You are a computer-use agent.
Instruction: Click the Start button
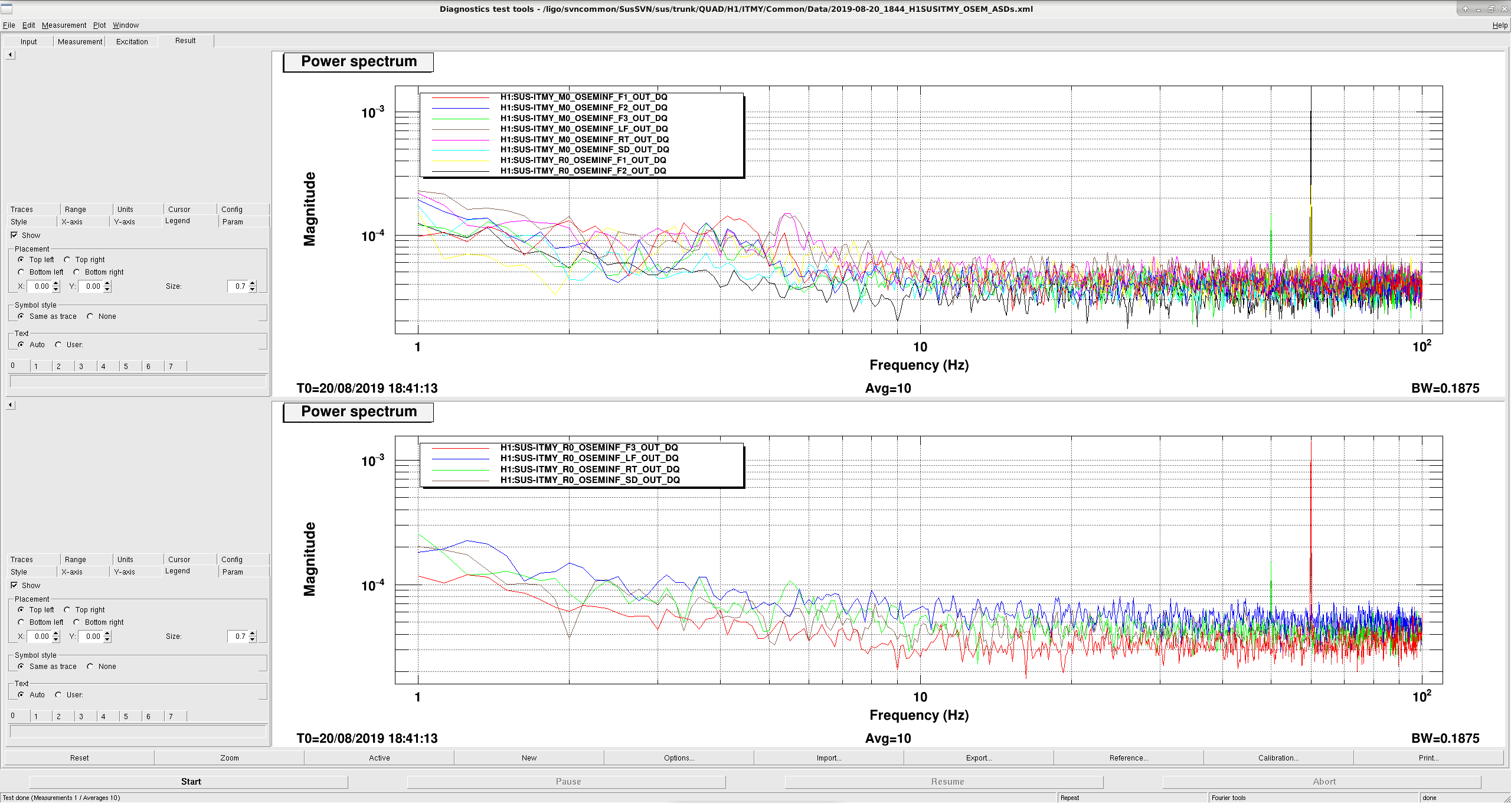coord(191,781)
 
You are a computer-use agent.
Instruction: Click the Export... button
coord(978,758)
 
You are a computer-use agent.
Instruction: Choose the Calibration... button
coord(1278,758)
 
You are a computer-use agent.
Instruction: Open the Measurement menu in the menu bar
coord(64,25)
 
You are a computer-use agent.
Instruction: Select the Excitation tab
coord(132,41)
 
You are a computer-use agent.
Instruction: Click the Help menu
coord(1500,25)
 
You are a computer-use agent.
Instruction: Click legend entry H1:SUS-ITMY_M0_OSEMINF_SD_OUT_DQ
coord(584,149)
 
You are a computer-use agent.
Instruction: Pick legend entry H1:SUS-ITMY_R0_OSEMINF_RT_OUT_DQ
coord(590,469)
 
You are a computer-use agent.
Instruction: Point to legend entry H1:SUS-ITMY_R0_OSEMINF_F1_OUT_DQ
coord(583,160)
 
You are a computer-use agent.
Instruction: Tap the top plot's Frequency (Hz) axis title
coord(919,365)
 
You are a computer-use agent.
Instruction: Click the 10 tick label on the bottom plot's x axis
coord(920,697)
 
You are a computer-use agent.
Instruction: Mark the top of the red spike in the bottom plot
coord(1311,461)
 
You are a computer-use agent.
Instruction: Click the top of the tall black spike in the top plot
coord(1311,112)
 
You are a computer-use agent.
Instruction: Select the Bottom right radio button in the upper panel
coord(77,272)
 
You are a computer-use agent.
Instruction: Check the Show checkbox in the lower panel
coord(14,585)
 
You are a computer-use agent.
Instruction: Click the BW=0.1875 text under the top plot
coord(1445,388)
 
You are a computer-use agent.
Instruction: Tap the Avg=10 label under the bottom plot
coord(888,738)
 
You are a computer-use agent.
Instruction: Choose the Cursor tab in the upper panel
coord(179,209)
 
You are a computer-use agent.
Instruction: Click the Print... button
coord(1428,758)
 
